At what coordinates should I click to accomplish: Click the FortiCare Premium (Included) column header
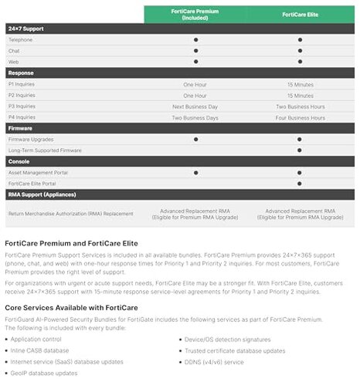[x=195, y=14]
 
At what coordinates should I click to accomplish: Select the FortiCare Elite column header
[x=299, y=14]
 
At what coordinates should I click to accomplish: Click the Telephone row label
[x=21, y=39]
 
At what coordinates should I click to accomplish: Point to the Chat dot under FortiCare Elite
[x=300, y=50]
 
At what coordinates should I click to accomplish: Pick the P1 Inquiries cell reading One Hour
[x=195, y=83]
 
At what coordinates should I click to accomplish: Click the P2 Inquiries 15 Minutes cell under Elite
[x=300, y=95]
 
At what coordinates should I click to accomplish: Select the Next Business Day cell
[x=195, y=106]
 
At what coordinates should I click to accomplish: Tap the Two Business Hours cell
[x=300, y=106]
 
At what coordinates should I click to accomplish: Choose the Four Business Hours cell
[x=300, y=117]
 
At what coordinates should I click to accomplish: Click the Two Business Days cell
[x=195, y=117]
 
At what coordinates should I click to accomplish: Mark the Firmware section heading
[x=21, y=128]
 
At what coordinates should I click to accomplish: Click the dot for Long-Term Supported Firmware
[x=300, y=150]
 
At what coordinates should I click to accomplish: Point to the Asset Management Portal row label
[x=39, y=173]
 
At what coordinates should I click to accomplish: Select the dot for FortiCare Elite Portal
[x=300, y=184]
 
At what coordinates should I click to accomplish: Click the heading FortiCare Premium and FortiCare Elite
[x=71, y=243]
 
